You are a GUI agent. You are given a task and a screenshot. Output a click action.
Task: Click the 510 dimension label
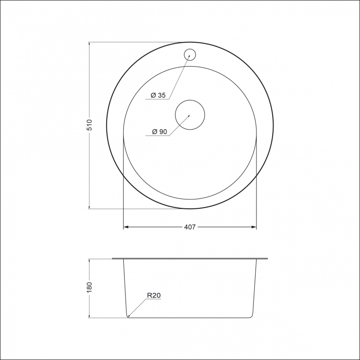coord(89,125)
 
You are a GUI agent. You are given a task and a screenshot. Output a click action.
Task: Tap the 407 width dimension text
coord(190,227)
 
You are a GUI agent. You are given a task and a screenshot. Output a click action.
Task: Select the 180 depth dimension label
coord(89,287)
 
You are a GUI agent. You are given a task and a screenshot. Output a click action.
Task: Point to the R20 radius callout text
coord(154,295)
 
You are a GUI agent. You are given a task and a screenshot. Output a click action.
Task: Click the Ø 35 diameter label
coord(158,95)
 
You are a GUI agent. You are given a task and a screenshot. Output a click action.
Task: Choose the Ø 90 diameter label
coord(159,131)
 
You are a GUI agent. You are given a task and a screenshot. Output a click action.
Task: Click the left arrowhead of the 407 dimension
coord(126,227)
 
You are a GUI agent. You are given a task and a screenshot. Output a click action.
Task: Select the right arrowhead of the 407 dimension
coord(254,227)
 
